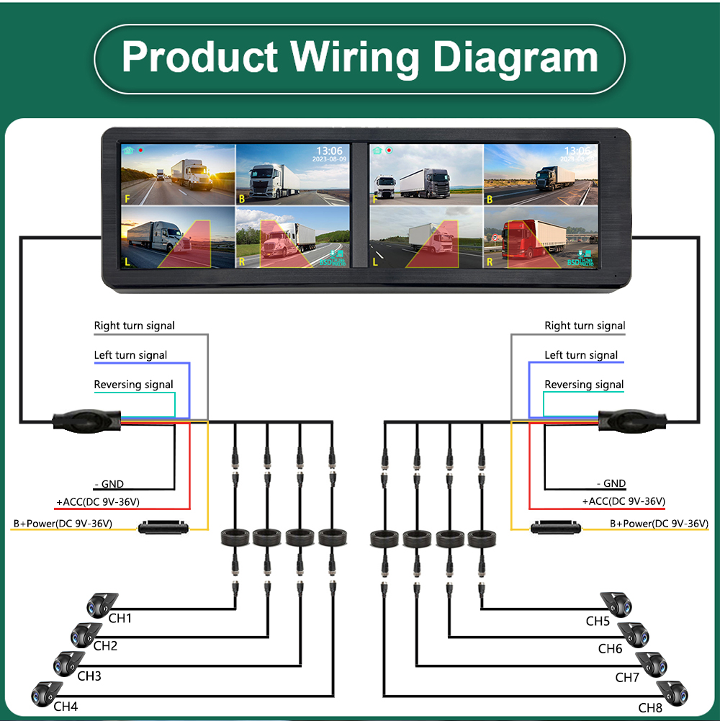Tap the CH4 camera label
[x=66, y=707]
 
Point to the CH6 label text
[x=610, y=649]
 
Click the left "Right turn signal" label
[x=135, y=326]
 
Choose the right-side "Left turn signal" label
[x=581, y=355]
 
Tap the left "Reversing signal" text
[x=134, y=385]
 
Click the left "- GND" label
[x=109, y=484]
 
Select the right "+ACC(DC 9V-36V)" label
[x=624, y=501]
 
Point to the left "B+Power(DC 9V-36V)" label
[x=63, y=524]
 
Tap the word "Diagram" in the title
[x=514, y=57]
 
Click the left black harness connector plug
[x=86, y=420]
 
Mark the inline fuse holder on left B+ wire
[x=163, y=527]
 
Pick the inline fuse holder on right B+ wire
[x=556, y=527]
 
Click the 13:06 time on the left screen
[x=328, y=151]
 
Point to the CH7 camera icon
[x=651, y=663]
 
